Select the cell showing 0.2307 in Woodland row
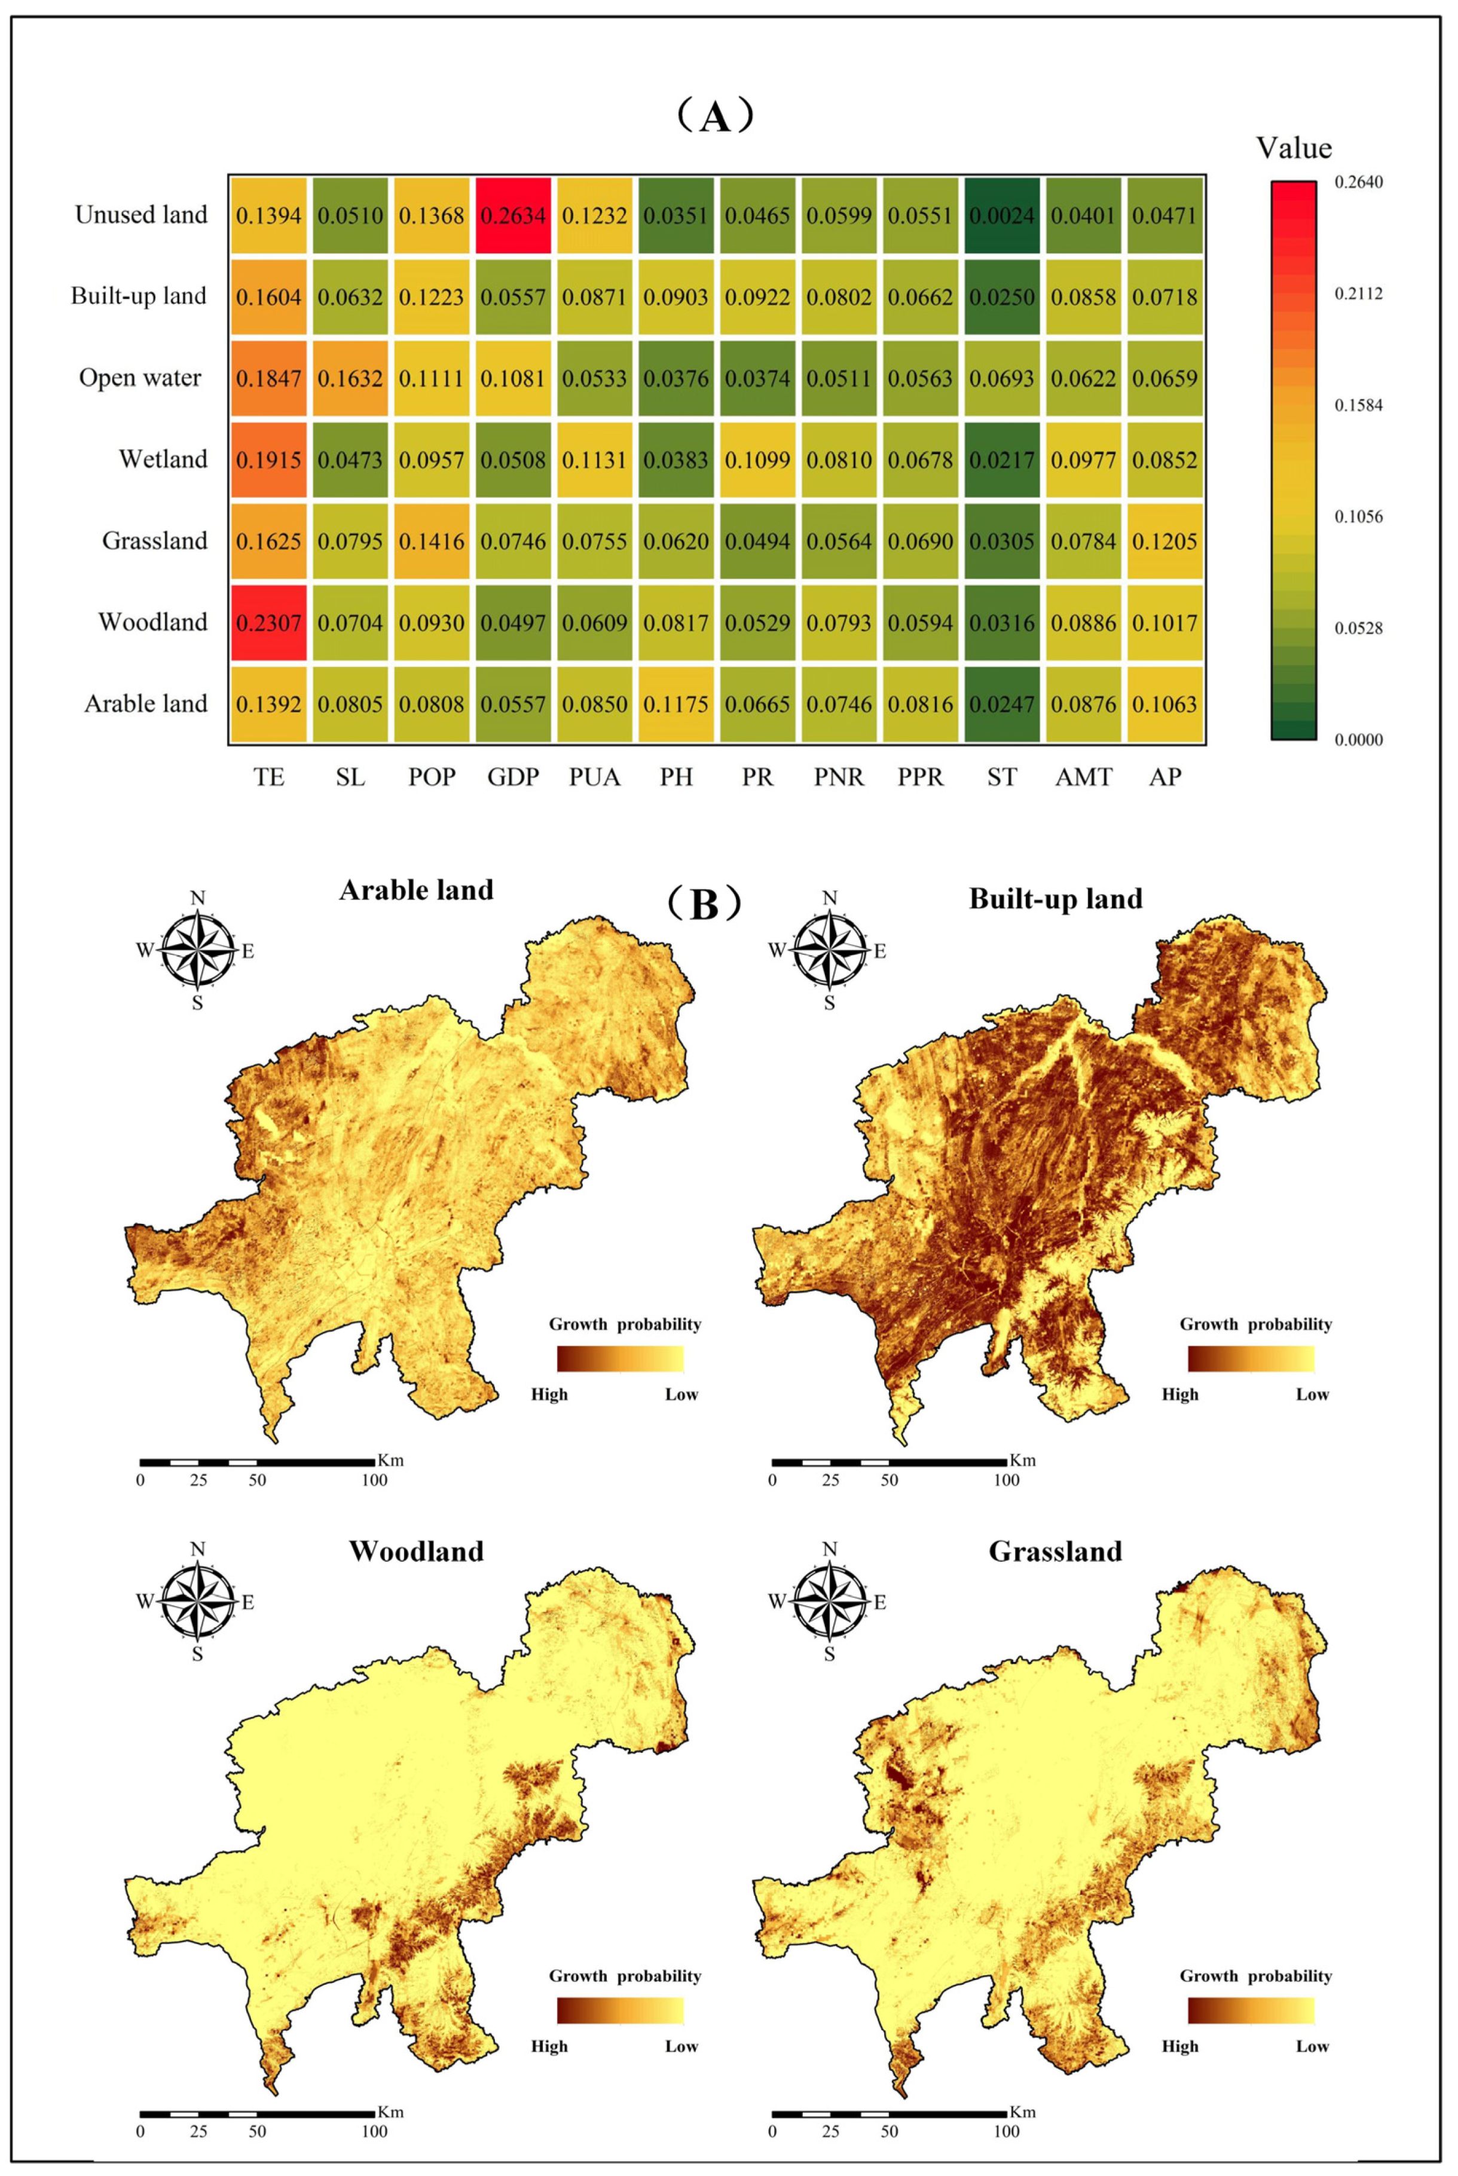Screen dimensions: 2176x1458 (269, 623)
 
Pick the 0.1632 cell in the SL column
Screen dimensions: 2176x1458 (350, 378)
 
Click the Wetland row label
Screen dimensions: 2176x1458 (163, 459)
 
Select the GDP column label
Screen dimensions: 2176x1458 (513, 777)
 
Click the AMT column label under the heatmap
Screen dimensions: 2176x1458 (1083, 777)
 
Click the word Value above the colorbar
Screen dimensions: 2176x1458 (1294, 148)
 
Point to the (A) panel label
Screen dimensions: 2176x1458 (714, 118)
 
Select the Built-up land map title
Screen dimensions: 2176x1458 (1055, 899)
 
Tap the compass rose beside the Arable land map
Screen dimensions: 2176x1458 (197, 950)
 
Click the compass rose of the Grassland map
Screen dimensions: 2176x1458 (829, 1602)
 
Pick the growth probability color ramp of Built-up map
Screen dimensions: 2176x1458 (1251, 1359)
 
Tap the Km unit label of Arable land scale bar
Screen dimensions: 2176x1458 (390, 1460)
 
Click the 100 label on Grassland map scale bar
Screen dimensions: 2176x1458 (1006, 2131)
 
